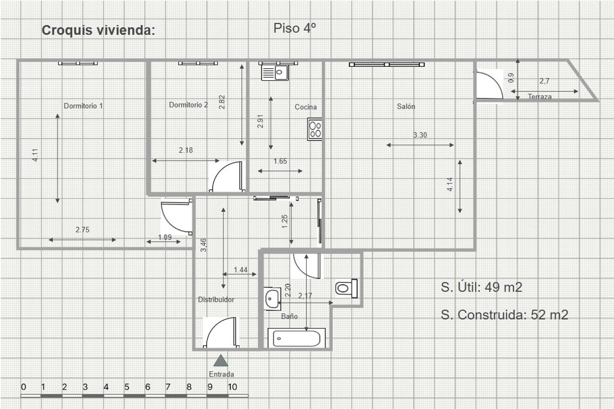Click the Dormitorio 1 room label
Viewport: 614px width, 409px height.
[x=84, y=106]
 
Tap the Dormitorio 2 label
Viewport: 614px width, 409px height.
[x=188, y=105]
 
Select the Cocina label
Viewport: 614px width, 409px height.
[x=306, y=107]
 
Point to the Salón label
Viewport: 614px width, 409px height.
[x=406, y=106]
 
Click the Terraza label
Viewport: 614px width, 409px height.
[x=540, y=97]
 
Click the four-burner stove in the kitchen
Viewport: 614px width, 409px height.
[x=314, y=129]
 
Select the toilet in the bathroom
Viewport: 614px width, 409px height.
[x=346, y=288]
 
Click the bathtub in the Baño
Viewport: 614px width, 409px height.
[x=297, y=338]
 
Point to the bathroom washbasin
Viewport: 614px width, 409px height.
[x=272, y=299]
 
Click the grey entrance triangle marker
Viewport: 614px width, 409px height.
[x=221, y=360]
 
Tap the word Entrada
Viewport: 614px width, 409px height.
[x=221, y=374]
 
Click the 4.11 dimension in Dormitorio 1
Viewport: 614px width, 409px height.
[x=35, y=155]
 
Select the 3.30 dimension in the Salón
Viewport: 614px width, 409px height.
[x=420, y=135]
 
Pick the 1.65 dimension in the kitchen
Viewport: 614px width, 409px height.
[x=280, y=161]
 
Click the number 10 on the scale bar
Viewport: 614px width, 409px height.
[x=232, y=387]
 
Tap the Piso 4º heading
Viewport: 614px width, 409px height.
[x=295, y=28]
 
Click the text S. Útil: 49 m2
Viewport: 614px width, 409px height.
[x=481, y=287]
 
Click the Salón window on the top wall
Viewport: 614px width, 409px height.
[x=387, y=65]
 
